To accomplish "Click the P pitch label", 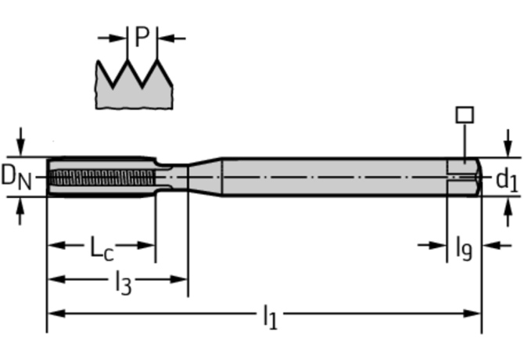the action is click(142, 37).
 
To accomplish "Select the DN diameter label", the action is click(16, 177).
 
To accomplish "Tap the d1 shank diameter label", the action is click(506, 181).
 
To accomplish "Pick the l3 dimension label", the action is click(124, 283).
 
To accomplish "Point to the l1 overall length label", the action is click(271, 317).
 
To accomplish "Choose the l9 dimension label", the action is click(465, 248).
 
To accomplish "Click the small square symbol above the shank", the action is click(465, 114).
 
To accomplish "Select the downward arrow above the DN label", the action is click(20, 142).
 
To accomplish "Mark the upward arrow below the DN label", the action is click(20, 211).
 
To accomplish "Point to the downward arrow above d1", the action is click(508, 143).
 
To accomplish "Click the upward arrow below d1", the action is click(508, 212).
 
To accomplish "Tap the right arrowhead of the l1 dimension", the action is click(472, 314).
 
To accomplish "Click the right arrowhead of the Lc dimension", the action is click(146, 246).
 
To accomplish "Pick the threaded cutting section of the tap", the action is click(102, 177).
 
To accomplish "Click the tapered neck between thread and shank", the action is click(205, 177).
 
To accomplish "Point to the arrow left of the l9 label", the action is click(432, 246).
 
